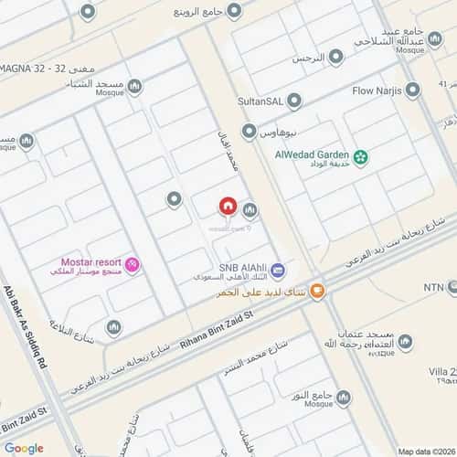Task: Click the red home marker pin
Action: (228, 209)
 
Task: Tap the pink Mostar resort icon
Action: (133, 265)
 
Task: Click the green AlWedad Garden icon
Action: (361, 158)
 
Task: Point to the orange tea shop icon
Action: (317, 292)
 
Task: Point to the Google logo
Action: (24, 448)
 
